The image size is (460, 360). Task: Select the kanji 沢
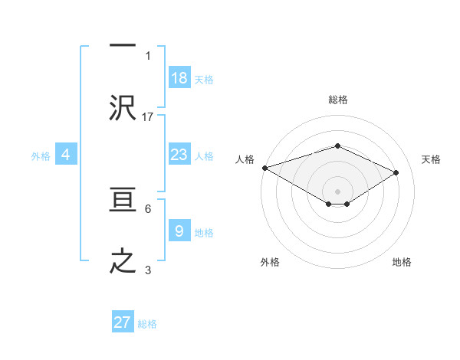click(x=123, y=108)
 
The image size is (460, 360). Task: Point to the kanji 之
click(x=123, y=260)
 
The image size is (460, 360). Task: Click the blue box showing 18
click(x=179, y=78)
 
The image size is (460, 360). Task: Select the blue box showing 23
click(x=179, y=155)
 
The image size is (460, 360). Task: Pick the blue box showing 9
click(x=179, y=231)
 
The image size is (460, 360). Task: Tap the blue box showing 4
click(x=66, y=155)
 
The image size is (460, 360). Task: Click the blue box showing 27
click(x=123, y=322)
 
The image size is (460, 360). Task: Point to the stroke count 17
click(x=148, y=116)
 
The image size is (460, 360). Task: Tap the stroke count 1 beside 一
click(x=148, y=56)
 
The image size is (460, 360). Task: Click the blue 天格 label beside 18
click(x=204, y=79)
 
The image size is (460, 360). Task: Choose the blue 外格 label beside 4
click(x=41, y=155)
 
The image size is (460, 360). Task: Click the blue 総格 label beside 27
click(x=147, y=324)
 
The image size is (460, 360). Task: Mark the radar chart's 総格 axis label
click(x=337, y=100)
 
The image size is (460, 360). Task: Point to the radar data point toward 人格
click(x=264, y=168)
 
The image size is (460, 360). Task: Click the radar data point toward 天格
click(x=396, y=172)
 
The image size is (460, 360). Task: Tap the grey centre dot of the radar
click(x=337, y=191)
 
